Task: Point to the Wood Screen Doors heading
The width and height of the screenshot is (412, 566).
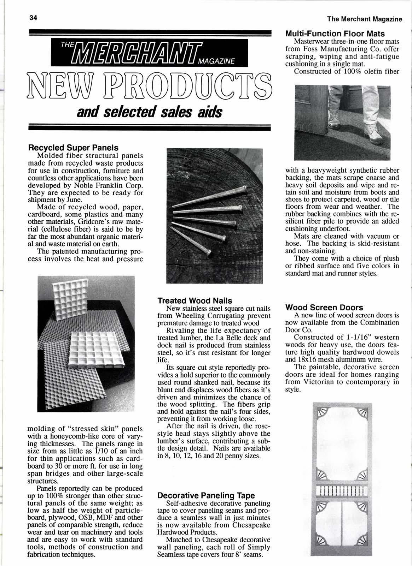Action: (324, 307)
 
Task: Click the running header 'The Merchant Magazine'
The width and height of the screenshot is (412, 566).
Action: (365, 19)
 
